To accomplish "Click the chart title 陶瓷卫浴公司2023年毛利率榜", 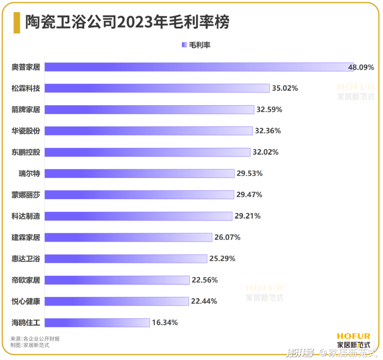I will [127, 22].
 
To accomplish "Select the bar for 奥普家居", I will [199, 67].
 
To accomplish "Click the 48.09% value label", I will [361, 67].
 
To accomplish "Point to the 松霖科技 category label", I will [26, 88].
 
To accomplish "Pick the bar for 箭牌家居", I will [149, 110].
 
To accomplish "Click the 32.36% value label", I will [268, 131].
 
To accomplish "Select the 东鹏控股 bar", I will [148, 152].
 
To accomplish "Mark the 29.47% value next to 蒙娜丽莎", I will [249, 195].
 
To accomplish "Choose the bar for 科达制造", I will [138, 216].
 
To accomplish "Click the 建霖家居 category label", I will [26, 237].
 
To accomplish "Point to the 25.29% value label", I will [222, 258].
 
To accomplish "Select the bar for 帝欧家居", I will [117, 280].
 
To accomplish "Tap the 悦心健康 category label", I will [26, 301].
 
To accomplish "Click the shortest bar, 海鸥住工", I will [97, 323].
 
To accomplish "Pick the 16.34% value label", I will [165, 323].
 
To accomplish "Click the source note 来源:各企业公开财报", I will [35, 339].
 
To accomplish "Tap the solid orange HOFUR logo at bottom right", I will [353, 336].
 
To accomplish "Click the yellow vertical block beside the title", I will [17, 22].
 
